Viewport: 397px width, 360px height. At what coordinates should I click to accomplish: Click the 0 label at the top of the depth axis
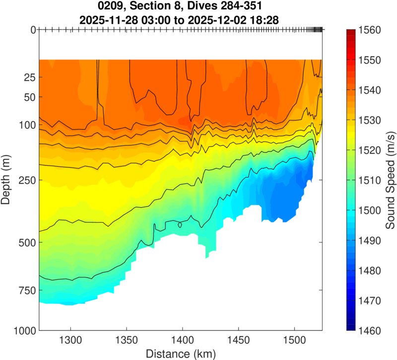(33, 30)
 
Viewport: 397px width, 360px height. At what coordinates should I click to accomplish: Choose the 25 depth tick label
(28, 77)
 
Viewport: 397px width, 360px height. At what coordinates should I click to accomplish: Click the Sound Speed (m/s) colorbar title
(391, 180)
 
